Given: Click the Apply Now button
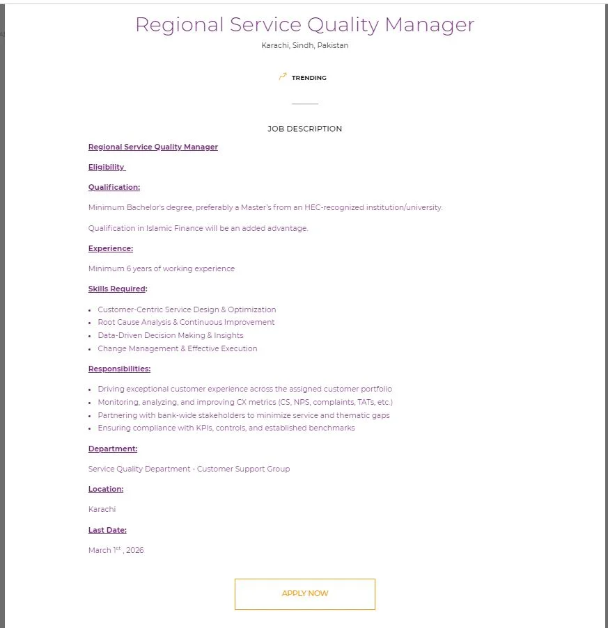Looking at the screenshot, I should pyautogui.click(x=304, y=593).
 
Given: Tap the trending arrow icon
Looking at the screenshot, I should pyautogui.click(x=282, y=77).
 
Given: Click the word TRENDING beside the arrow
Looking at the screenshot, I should pyautogui.click(x=309, y=78).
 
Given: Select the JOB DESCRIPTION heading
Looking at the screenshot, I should pyautogui.click(x=304, y=129).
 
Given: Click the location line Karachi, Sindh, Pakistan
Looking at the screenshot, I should pyautogui.click(x=304, y=45).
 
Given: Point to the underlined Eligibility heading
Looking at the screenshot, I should pyautogui.click(x=106, y=167).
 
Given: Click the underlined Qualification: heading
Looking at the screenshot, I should pyautogui.click(x=114, y=187).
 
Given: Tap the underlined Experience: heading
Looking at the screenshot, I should pyautogui.click(x=110, y=248).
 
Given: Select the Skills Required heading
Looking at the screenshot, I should pyautogui.click(x=117, y=289).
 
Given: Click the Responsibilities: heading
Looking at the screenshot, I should pyautogui.click(x=119, y=369).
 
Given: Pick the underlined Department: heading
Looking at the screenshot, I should pyautogui.click(x=112, y=449).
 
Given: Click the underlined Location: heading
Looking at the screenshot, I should pyautogui.click(x=105, y=489).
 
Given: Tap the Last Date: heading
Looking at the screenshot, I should pyautogui.click(x=107, y=530).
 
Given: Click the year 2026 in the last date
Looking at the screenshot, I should pyautogui.click(x=135, y=550).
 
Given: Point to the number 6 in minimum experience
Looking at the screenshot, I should pyautogui.click(x=128, y=268).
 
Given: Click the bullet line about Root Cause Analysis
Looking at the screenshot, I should pyautogui.click(x=186, y=322).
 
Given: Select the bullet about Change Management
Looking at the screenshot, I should pyautogui.click(x=177, y=348).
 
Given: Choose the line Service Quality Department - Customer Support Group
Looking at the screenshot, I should pyautogui.click(x=189, y=469).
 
